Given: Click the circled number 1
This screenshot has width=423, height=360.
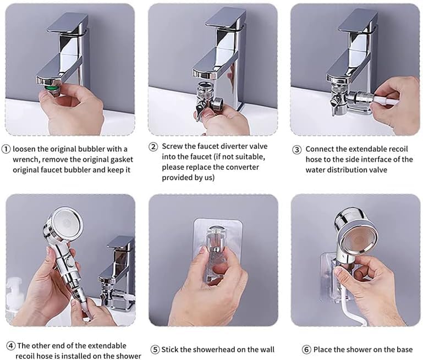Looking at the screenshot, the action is pos(6,149).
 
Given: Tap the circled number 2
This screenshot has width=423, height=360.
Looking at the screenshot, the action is pos(153,147).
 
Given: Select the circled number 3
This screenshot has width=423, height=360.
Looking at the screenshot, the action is pos(297,149).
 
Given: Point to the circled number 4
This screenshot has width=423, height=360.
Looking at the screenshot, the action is pos(11,346).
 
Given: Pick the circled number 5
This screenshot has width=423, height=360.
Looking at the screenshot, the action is pos(155,350).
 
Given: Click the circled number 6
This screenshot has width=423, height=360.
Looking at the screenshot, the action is pos(306,350).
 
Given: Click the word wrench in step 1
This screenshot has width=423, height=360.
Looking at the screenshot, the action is pos(25,160).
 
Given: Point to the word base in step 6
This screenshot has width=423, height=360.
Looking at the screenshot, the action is pos(404,350).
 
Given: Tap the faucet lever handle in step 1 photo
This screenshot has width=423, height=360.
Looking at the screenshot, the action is pos(67,25).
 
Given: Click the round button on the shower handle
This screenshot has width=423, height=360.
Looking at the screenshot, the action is pos(70,261).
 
